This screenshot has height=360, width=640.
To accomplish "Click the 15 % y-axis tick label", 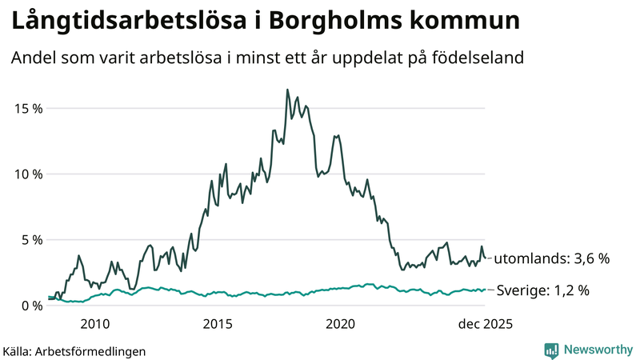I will click(x=26, y=108).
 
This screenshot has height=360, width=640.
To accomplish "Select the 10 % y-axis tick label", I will click(x=26, y=174).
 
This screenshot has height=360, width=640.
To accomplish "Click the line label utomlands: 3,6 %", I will click(x=552, y=258).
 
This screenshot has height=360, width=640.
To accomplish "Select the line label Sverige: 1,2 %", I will click(x=543, y=290).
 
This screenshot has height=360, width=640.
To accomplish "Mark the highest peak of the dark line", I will click(x=287, y=90).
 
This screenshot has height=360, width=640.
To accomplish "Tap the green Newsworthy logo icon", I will click(x=551, y=350).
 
